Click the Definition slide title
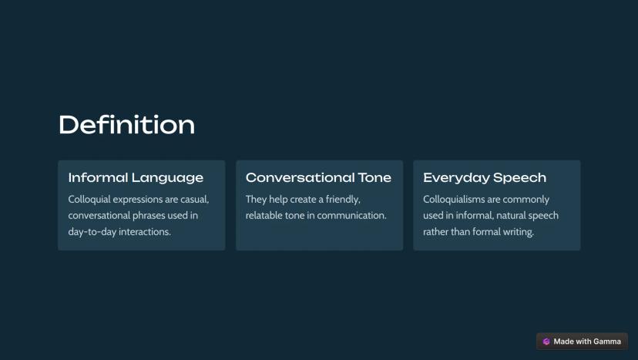pyautogui.click(x=127, y=125)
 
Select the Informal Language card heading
pyautogui.click(x=136, y=177)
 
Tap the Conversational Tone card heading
pyautogui.click(x=318, y=177)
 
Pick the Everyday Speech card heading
pyautogui.click(x=485, y=177)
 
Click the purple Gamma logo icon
pyautogui.click(x=546, y=341)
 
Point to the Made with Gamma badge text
pyautogui.click(x=587, y=341)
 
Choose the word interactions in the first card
pyautogui.click(x=144, y=232)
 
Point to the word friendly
pyautogui.click(x=343, y=200)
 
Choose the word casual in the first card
pyautogui.click(x=194, y=200)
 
